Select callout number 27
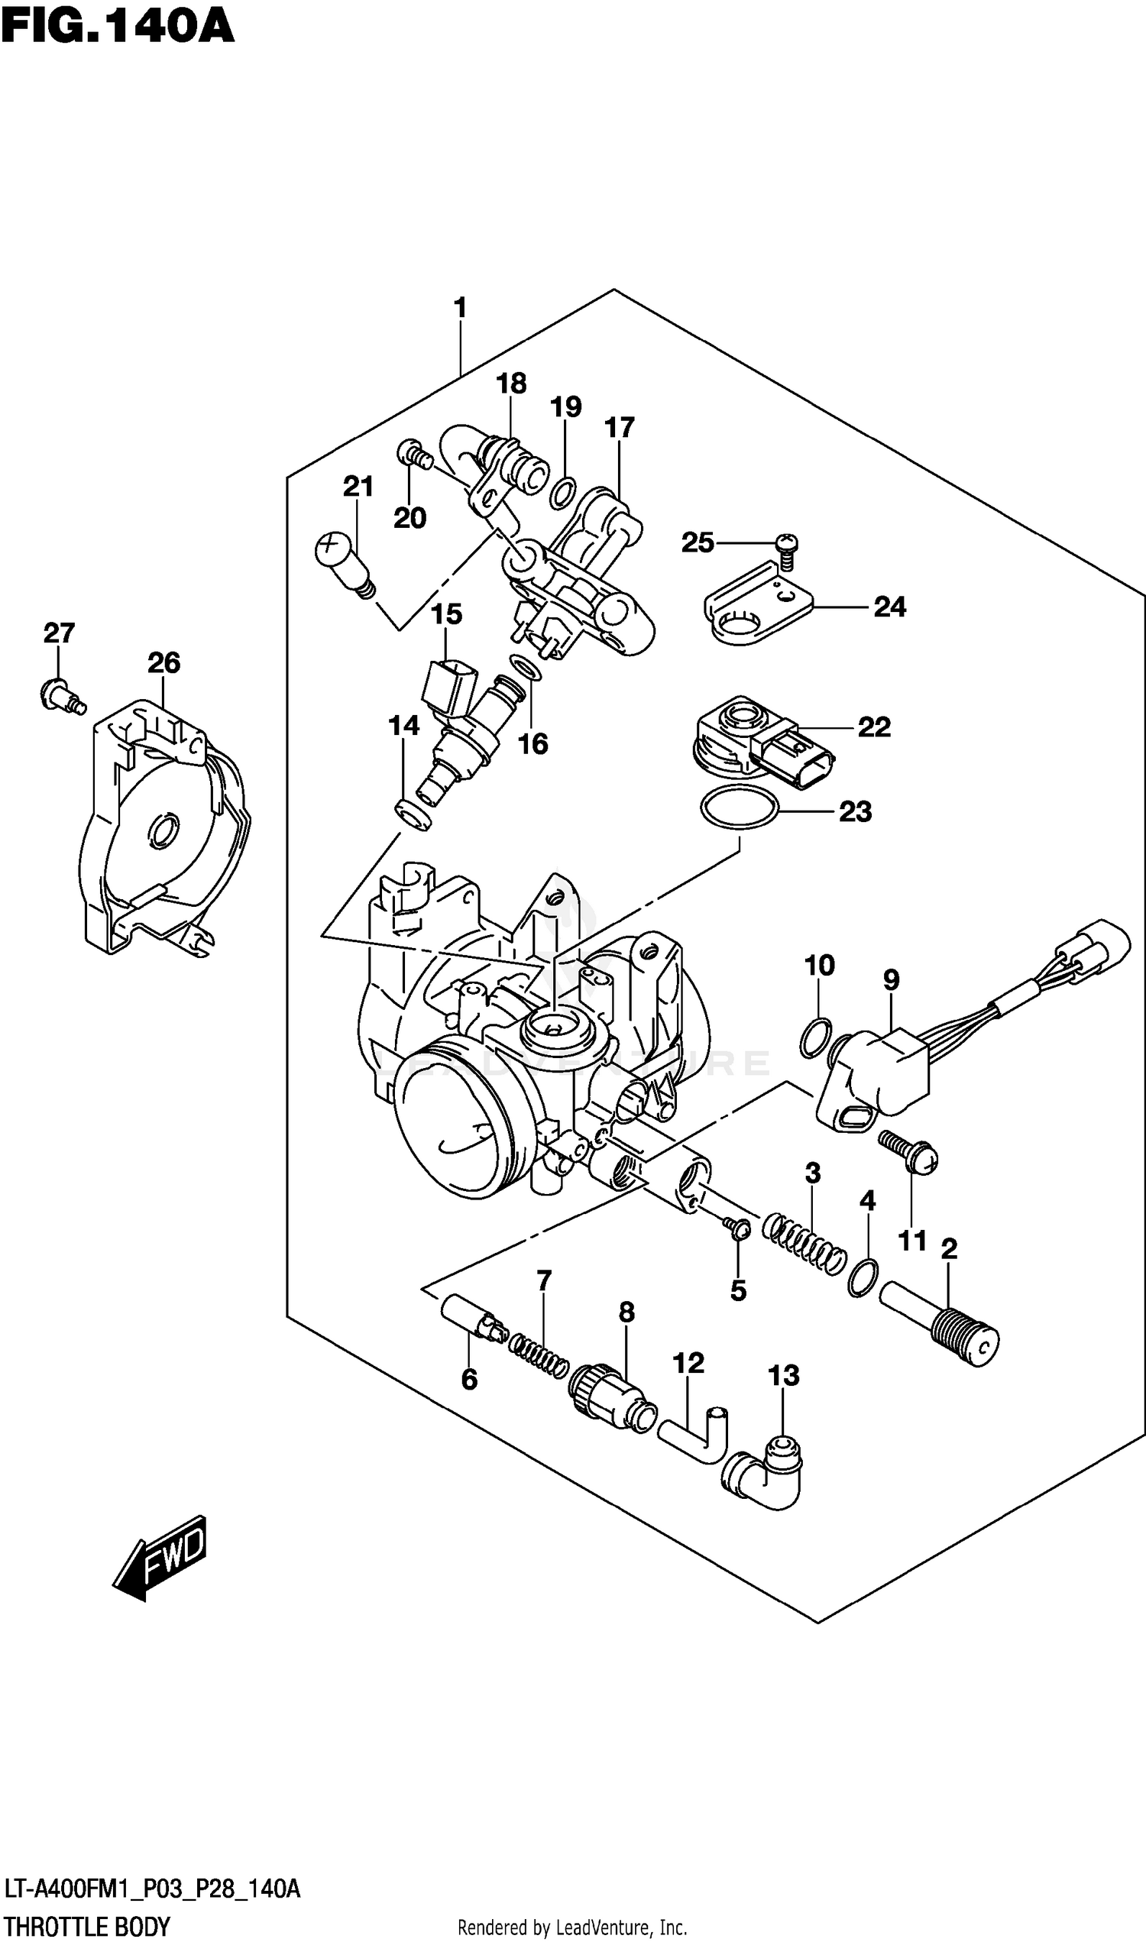click(59, 633)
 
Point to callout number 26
click(163, 662)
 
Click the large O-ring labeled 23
click(738, 808)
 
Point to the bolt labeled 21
click(344, 563)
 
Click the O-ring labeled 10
click(815, 1038)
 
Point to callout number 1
click(460, 308)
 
